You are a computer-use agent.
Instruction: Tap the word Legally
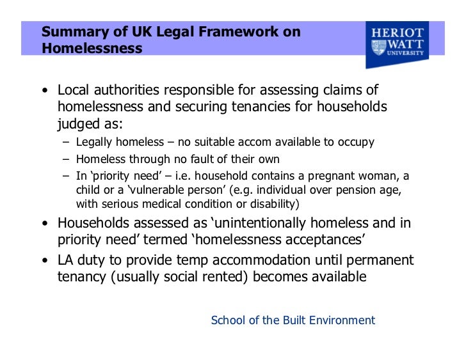click(95, 142)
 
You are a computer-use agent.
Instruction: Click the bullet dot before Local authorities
click(45, 91)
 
